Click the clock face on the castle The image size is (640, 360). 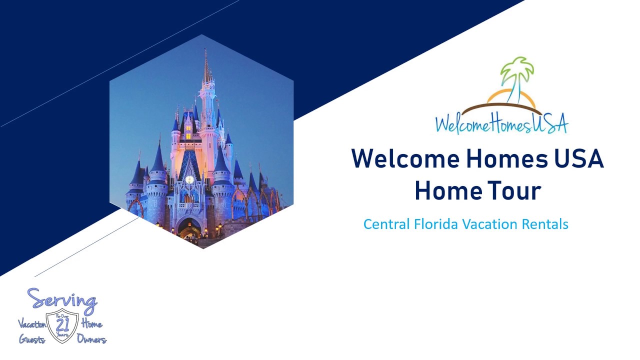pos(189,179)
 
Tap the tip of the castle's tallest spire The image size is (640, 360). pos(205,50)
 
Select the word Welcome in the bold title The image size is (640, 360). pos(405,159)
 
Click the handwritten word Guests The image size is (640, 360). pos(32,339)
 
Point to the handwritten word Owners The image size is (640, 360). pos(91,339)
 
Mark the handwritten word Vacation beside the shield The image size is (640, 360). pos(32,324)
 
